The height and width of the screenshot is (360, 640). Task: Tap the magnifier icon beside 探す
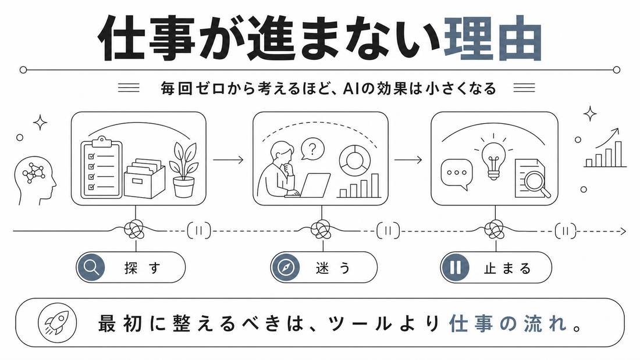click(91, 268)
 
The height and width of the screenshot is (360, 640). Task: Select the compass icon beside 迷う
click(286, 268)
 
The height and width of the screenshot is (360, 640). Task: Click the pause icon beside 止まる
click(455, 268)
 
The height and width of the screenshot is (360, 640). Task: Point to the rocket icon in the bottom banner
click(57, 322)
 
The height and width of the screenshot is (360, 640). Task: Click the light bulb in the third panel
click(493, 156)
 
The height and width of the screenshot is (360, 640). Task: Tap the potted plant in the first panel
click(184, 169)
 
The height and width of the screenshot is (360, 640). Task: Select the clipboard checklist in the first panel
click(102, 167)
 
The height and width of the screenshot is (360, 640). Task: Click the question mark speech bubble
click(312, 149)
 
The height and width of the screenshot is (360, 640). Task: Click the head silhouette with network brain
click(35, 180)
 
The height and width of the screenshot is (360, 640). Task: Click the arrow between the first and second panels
click(229, 159)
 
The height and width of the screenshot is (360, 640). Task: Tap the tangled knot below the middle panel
click(321, 229)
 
